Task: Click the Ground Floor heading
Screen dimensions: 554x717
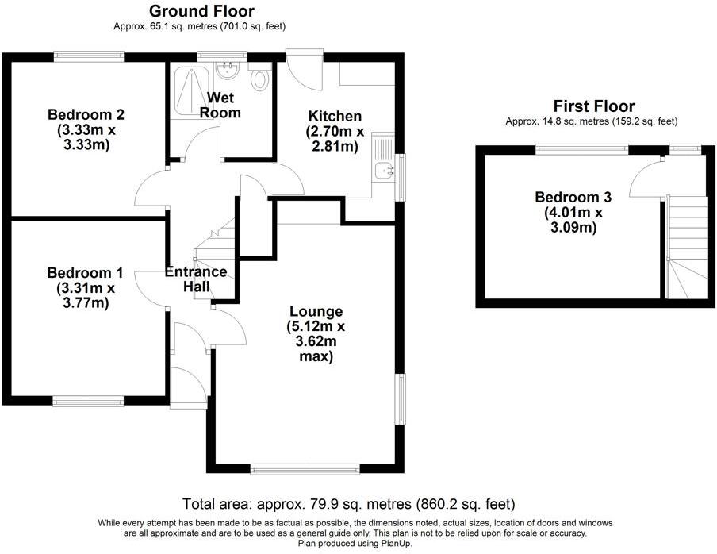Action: point(201,11)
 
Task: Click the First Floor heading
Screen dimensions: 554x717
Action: point(594,106)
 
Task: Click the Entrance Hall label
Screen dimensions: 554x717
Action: point(196,279)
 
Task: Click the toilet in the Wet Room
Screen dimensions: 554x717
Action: point(259,79)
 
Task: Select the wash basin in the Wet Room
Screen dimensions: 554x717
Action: point(228,71)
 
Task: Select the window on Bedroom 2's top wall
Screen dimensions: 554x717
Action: point(89,56)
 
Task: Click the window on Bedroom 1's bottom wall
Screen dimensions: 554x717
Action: point(88,401)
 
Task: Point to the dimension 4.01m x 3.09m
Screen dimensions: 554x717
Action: point(573,220)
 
